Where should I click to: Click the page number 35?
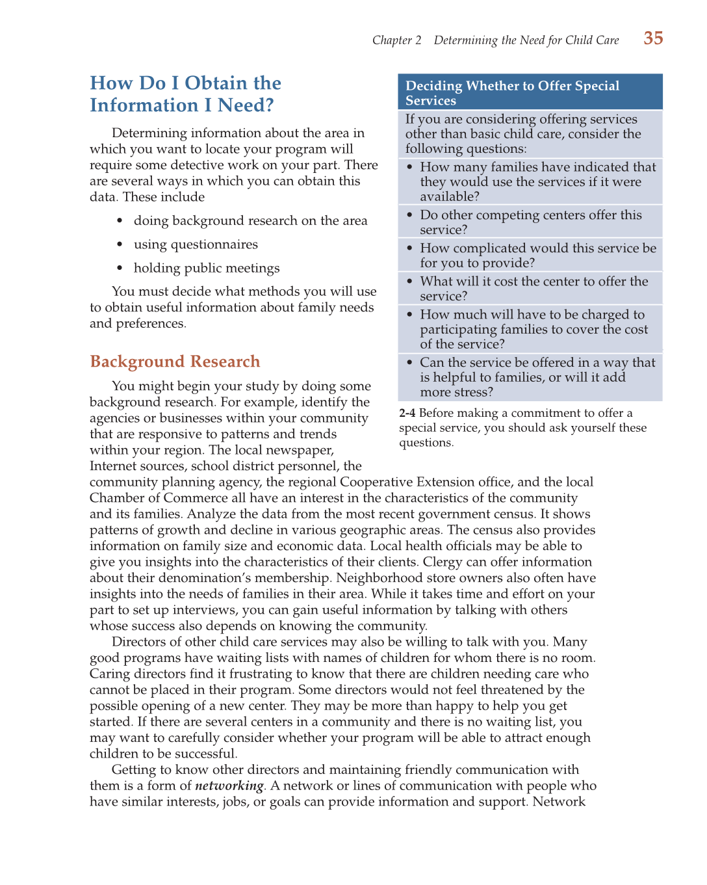pyautogui.click(x=653, y=38)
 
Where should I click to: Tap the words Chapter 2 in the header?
pyautogui.click(x=396, y=40)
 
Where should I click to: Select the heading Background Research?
pyautogui.click(x=175, y=362)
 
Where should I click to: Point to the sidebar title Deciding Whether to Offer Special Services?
pyautogui.click(x=512, y=92)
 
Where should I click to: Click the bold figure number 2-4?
pyautogui.click(x=407, y=413)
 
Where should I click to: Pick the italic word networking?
pyautogui.click(x=229, y=786)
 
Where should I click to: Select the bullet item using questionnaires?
pyautogui.click(x=196, y=244)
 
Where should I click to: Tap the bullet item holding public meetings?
pyautogui.click(x=207, y=268)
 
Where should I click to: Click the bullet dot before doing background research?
pyautogui.click(x=120, y=221)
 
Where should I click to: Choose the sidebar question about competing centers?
pyautogui.click(x=530, y=222)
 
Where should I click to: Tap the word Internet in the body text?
pyautogui.click(x=114, y=466)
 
